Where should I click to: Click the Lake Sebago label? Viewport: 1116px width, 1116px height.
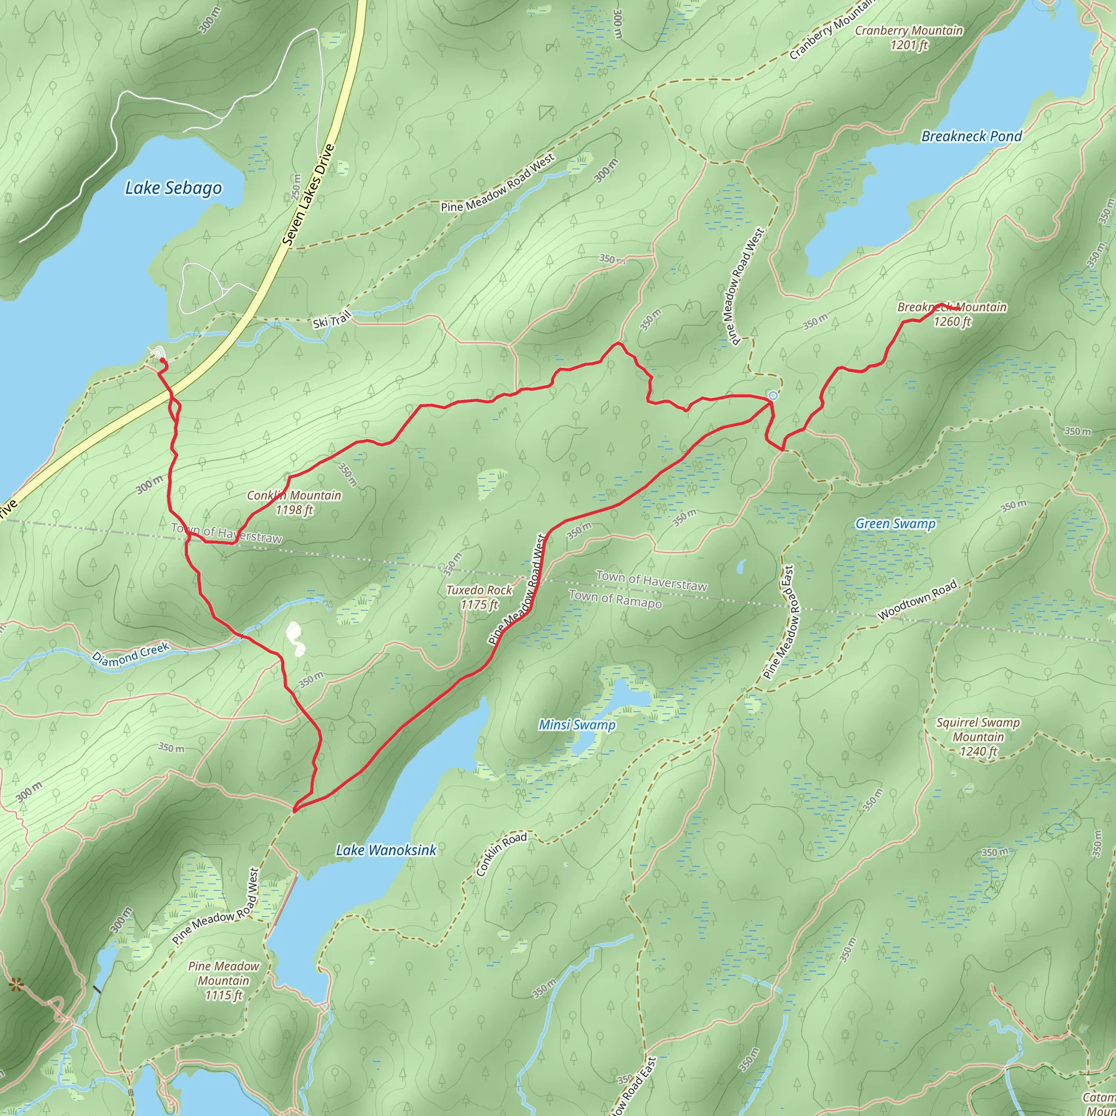click(173, 189)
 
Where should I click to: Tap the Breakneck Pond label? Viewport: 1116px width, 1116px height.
click(972, 136)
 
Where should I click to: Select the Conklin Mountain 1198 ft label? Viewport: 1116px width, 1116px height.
click(294, 502)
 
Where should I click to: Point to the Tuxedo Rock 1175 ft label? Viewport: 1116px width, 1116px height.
click(479, 597)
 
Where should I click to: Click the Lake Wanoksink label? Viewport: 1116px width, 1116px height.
click(386, 850)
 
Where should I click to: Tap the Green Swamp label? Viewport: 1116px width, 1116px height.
click(895, 523)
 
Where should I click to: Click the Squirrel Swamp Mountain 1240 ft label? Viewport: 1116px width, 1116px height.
click(978, 737)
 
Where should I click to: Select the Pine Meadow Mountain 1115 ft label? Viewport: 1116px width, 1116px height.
click(223, 980)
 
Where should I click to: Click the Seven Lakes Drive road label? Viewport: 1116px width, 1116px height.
click(309, 195)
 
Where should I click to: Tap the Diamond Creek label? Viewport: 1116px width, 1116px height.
click(131, 654)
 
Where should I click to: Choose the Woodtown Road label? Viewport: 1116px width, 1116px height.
click(917, 600)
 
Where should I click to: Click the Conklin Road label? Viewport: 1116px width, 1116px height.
click(501, 854)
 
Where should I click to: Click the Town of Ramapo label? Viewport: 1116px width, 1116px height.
click(615, 599)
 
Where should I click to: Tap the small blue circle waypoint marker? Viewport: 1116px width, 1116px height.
click(773, 395)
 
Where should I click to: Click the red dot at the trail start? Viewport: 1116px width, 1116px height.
click(162, 361)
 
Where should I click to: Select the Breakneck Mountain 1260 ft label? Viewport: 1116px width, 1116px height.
click(952, 314)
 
